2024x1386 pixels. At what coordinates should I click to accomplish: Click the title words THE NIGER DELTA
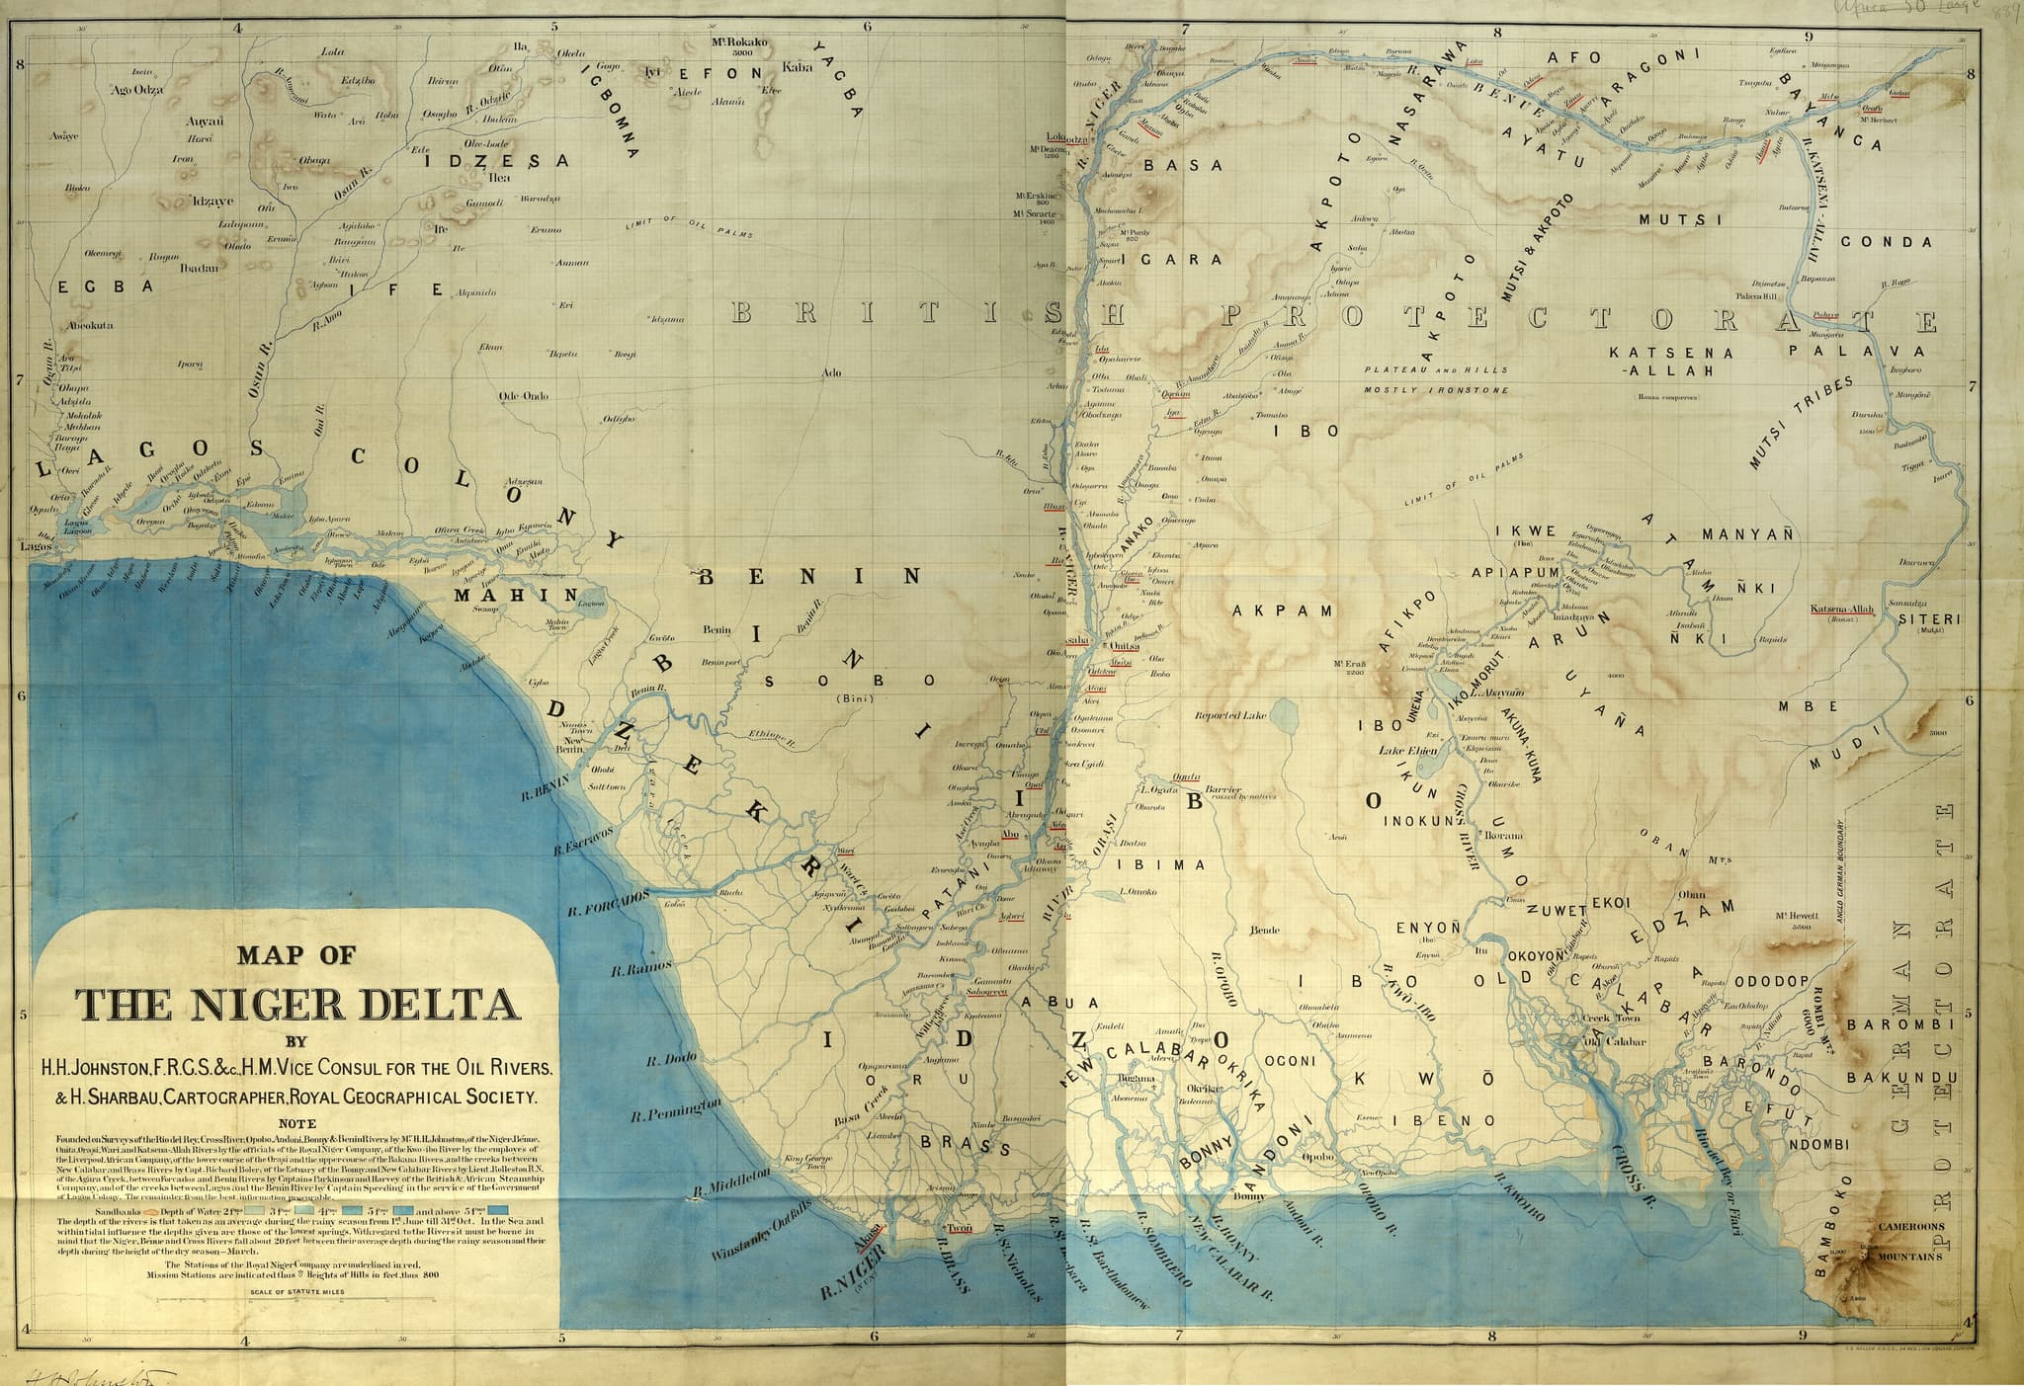tap(298, 1004)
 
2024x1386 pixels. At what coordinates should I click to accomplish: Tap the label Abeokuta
tap(92, 325)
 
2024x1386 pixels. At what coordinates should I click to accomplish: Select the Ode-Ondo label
tap(523, 396)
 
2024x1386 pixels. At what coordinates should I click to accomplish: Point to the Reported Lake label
tap(1229, 716)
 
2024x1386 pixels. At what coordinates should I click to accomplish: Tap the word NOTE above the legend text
tap(297, 1122)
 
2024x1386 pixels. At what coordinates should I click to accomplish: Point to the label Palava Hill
tap(1756, 295)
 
